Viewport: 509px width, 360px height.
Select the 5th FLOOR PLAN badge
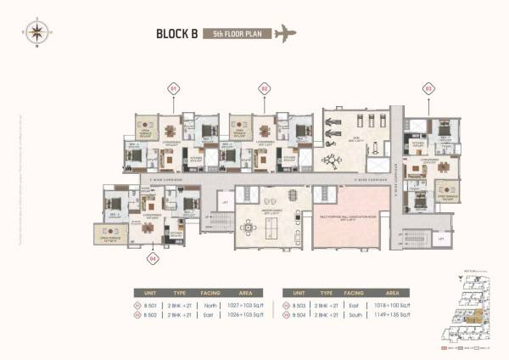click(x=238, y=36)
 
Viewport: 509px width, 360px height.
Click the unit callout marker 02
click(x=264, y=88)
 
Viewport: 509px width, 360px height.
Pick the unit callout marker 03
click(x=428, y=88)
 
